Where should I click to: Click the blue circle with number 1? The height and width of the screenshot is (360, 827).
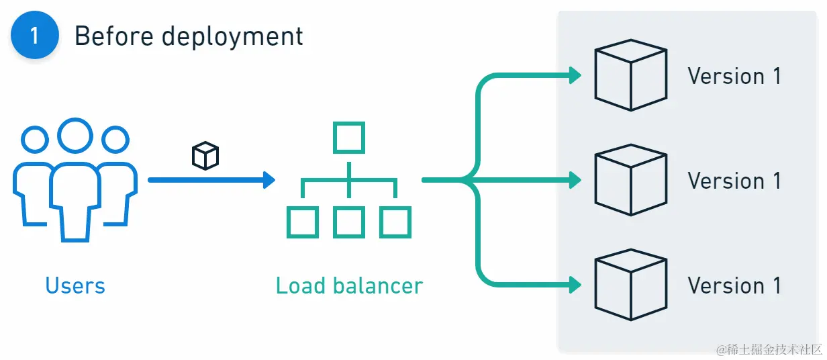34,35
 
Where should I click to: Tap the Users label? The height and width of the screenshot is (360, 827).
75,286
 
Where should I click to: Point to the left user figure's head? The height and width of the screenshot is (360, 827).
35,140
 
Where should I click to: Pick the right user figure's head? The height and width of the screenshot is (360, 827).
115,140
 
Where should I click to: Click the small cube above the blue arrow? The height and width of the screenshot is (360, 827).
205,156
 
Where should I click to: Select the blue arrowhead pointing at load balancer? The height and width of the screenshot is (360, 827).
269,180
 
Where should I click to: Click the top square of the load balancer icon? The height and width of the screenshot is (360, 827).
349,138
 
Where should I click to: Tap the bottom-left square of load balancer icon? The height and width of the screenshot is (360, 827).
302,222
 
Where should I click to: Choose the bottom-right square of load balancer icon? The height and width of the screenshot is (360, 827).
395,222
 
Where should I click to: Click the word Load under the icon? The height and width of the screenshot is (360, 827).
299,286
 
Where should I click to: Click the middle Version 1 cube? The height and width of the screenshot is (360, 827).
630,180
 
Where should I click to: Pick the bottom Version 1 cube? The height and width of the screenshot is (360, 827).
630,285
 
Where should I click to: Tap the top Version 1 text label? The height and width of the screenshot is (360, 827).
734,76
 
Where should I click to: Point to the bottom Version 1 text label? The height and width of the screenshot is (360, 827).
734,285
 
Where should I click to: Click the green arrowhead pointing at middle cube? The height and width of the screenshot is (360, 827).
575,180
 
